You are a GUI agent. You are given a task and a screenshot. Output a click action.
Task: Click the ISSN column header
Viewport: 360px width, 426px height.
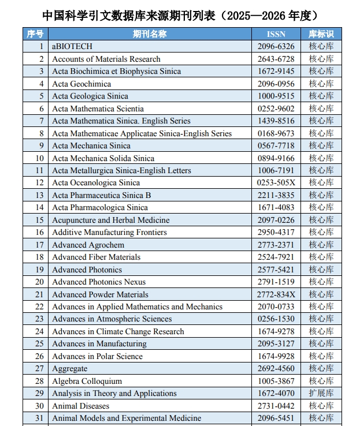(x=276, y=34)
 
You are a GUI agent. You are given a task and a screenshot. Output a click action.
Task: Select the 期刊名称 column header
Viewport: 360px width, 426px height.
(x=149, y=34)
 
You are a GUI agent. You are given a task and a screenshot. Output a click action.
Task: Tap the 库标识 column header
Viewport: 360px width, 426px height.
(x=321, y=34)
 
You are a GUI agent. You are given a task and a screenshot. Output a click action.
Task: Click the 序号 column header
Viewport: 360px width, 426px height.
(x=35, y=34)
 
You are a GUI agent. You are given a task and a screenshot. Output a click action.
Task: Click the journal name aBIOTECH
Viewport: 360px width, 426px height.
(x=72, y=46)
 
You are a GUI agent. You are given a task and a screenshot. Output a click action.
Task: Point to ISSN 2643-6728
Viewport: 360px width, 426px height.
(x=276, y=59)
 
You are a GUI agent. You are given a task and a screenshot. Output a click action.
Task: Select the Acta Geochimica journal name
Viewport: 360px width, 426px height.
(x=81, y=84)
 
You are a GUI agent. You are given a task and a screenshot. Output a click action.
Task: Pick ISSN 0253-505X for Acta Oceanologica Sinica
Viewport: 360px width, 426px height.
(x=276, y=182)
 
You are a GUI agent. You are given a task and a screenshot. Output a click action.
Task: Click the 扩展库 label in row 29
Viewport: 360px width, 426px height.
(x=321, y=393)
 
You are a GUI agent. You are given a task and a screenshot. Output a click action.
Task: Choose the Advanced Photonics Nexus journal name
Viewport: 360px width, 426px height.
(x=99, y=282)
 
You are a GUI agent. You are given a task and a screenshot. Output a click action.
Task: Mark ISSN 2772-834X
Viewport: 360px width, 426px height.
(x=276, y=294)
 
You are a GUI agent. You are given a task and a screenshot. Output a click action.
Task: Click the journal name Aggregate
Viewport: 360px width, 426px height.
(x=70, y=368)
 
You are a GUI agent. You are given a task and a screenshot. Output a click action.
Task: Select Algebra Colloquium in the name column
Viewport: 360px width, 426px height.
(x=87, y=381)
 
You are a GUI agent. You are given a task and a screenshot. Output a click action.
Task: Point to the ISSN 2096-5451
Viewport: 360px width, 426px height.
(x=276, y=418)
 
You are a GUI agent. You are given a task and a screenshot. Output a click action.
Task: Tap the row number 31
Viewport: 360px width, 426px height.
(x=39, y=418)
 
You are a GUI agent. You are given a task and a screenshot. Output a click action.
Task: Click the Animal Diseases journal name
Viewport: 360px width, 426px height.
(x=80, y=406)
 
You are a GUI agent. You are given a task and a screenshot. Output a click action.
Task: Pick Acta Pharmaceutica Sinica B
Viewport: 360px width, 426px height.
(x=102, y=195)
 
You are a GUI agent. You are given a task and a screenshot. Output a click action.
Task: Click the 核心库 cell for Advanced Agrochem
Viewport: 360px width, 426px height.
(x=321, y=245)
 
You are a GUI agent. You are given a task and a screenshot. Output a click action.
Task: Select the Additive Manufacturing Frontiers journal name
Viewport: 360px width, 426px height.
(x=109, y=232)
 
